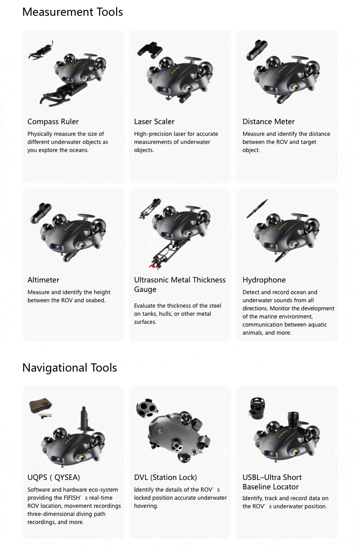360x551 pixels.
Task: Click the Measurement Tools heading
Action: point(72,12)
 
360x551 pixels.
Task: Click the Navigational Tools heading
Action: point(69,368)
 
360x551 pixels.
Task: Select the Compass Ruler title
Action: point(53,121)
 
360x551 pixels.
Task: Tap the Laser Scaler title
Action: point(154,121)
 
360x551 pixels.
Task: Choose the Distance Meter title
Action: point(269,121)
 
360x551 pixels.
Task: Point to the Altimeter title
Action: point(43,280)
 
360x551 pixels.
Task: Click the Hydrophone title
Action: point(264,280)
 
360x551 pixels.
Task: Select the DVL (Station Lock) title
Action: point(165,477)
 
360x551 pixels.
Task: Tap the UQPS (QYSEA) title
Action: point(54,477)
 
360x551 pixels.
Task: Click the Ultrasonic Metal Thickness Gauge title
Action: point(180,285)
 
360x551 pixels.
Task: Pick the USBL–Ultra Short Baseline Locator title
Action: point(272,482)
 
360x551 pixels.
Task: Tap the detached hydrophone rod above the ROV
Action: point(257,209)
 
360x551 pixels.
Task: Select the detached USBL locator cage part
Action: point(257,408)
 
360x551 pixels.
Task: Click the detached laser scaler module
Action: point(150,49)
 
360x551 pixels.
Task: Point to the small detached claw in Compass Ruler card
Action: point(41,50)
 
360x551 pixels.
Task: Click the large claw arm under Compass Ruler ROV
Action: point(62,95)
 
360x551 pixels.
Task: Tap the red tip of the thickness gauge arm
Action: point(153,266)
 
